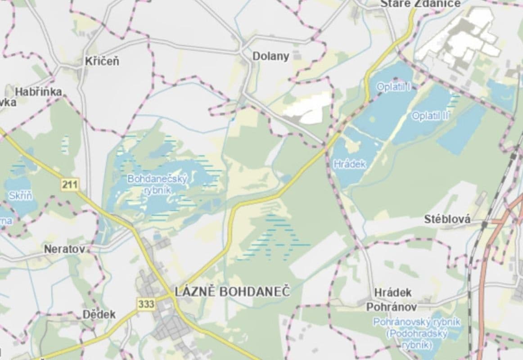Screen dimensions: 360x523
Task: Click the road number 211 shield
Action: click(69, 184)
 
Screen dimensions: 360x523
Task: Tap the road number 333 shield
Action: click(146, 305)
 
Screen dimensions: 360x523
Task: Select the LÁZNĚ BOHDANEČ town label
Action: click(232, 292)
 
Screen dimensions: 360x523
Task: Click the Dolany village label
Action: click(271, 57)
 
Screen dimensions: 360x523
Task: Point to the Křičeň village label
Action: click(103, 62)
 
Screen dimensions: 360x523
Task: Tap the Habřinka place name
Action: click(38, 92)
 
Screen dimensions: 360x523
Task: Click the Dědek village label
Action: click(99, 315)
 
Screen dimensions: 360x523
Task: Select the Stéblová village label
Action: click(447, 220)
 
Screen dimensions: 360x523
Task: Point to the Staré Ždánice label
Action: click(420, 4)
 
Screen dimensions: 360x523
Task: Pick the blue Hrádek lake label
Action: click(350, 164)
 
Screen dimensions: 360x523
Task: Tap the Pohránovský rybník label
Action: click(416, 322)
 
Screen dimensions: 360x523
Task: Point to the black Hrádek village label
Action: click(392, 293)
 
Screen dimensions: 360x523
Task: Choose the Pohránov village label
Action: click(391, 307)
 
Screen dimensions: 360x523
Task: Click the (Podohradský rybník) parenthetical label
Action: click(416, 339)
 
